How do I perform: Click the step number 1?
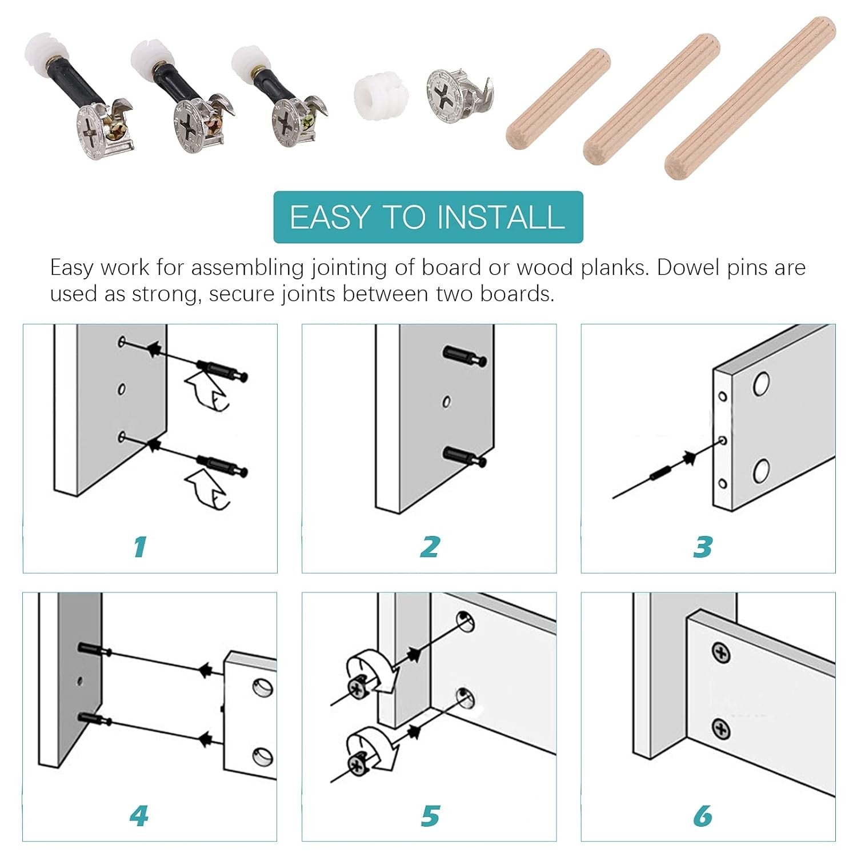[x=140, y=547]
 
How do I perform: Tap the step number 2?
[x=430, y=547]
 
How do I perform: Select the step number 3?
[x=703, y=547]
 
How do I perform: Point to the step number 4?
[x=139, y=816]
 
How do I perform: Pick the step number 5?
[x=430, y=816]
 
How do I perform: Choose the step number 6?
[x=703, y=816]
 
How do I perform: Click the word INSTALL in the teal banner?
[x=501, y=217]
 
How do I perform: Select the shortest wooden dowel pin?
[x=558, y=97]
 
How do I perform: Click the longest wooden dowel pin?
[x=750, y=97]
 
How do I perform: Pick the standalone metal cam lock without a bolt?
[x=459, y=96]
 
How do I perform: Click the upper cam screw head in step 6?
[x=721, y=653]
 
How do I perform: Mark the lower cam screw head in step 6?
[x=722, y=729]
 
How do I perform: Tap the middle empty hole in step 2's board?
[x=447, y=402]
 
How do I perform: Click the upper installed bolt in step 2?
[x=464, y=355]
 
